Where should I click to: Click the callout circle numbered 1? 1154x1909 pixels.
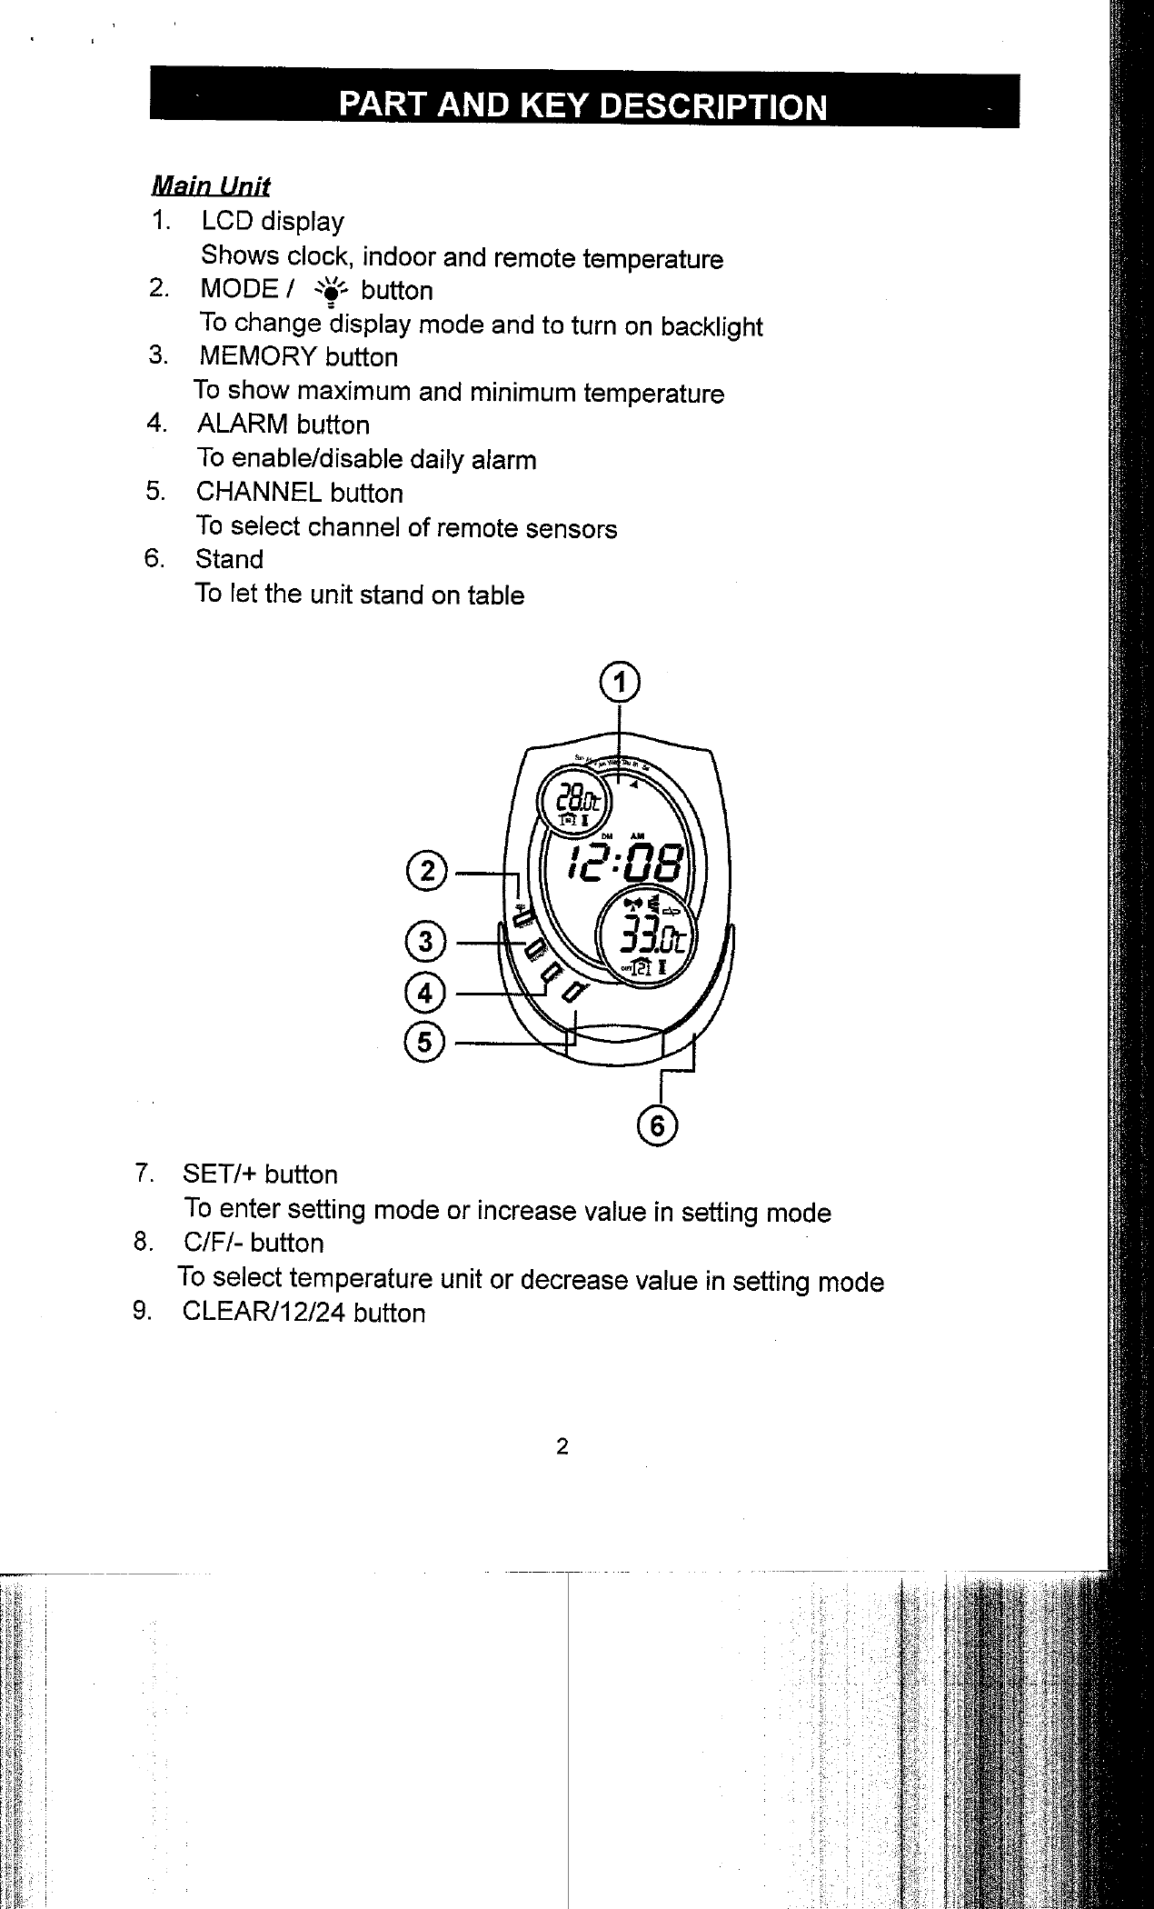click(620, 681)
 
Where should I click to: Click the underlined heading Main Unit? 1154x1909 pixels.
click(211, 186)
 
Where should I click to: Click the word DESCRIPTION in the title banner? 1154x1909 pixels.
click(714, 107)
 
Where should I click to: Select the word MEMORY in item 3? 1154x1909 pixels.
click(258, 356)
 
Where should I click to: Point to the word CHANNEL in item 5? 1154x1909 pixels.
click(259, 493)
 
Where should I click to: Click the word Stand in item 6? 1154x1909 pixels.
click(229, 560)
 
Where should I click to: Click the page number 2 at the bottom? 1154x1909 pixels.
click(562, 1446)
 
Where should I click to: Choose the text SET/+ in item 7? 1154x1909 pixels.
click(220, 1174)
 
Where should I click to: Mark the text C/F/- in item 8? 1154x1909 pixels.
click(214, 1243)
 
